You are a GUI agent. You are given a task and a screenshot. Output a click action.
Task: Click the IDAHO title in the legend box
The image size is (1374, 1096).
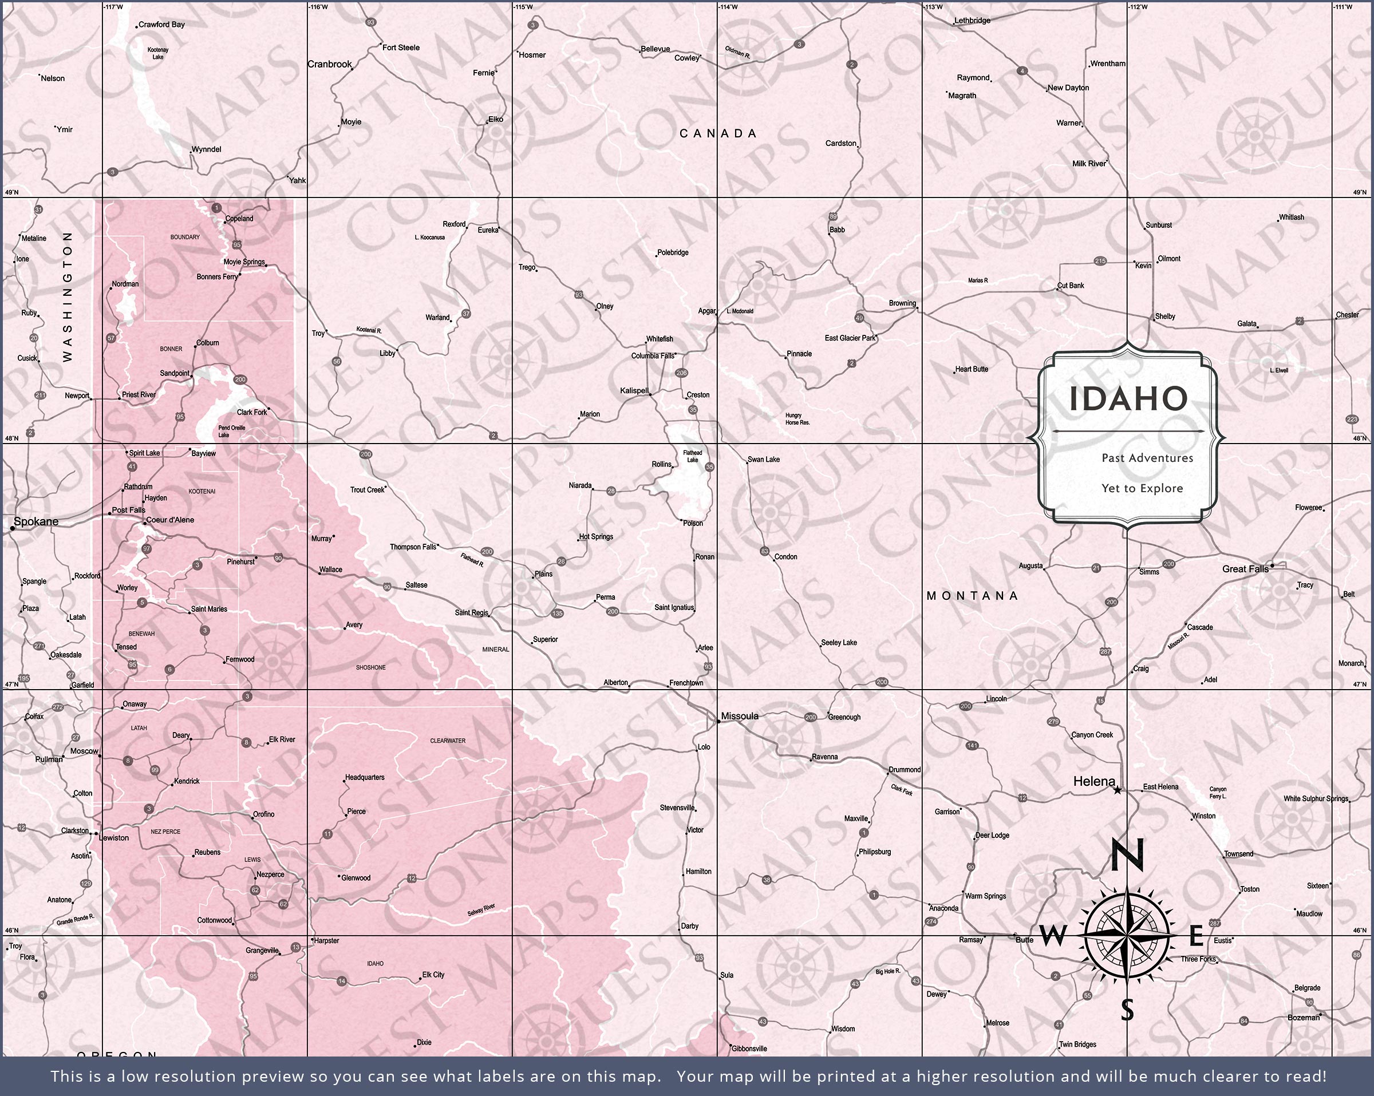click(1128, 399)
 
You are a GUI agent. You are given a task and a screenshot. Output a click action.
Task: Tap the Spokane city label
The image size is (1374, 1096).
click(35, 521)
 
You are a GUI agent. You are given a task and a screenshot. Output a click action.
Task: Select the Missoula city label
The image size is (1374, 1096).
click(739, 716)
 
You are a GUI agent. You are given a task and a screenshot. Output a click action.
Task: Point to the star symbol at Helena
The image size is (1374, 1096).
click(1117, 790)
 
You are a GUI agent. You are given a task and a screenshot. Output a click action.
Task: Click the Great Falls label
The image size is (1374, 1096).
click(1245, 568)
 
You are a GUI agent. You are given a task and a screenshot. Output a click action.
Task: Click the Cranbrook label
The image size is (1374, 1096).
click(330, 64)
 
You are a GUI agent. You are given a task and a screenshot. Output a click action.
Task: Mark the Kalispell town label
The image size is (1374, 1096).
click(634, 390)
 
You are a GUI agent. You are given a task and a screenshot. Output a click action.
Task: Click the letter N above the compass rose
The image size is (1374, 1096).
click(1127, 854)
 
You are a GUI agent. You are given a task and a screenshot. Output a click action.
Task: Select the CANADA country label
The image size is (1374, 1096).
click(718, 133)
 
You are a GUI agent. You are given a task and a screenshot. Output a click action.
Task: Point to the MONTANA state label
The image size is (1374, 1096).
click(972, 596)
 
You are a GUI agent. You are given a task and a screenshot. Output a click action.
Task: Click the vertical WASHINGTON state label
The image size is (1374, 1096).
click(68, 296)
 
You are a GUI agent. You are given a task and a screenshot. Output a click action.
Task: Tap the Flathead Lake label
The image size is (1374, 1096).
click(692, 456)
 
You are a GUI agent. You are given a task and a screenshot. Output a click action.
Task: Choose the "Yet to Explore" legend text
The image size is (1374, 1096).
click(1142, 489)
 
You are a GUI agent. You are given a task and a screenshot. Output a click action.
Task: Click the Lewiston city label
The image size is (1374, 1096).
click(114, 838)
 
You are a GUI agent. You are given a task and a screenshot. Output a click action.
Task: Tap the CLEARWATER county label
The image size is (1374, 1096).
click(447, 741)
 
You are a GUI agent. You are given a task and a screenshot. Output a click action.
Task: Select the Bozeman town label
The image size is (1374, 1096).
click(1303, 1018)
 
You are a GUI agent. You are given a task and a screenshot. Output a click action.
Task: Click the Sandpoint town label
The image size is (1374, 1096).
click(174, 373)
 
